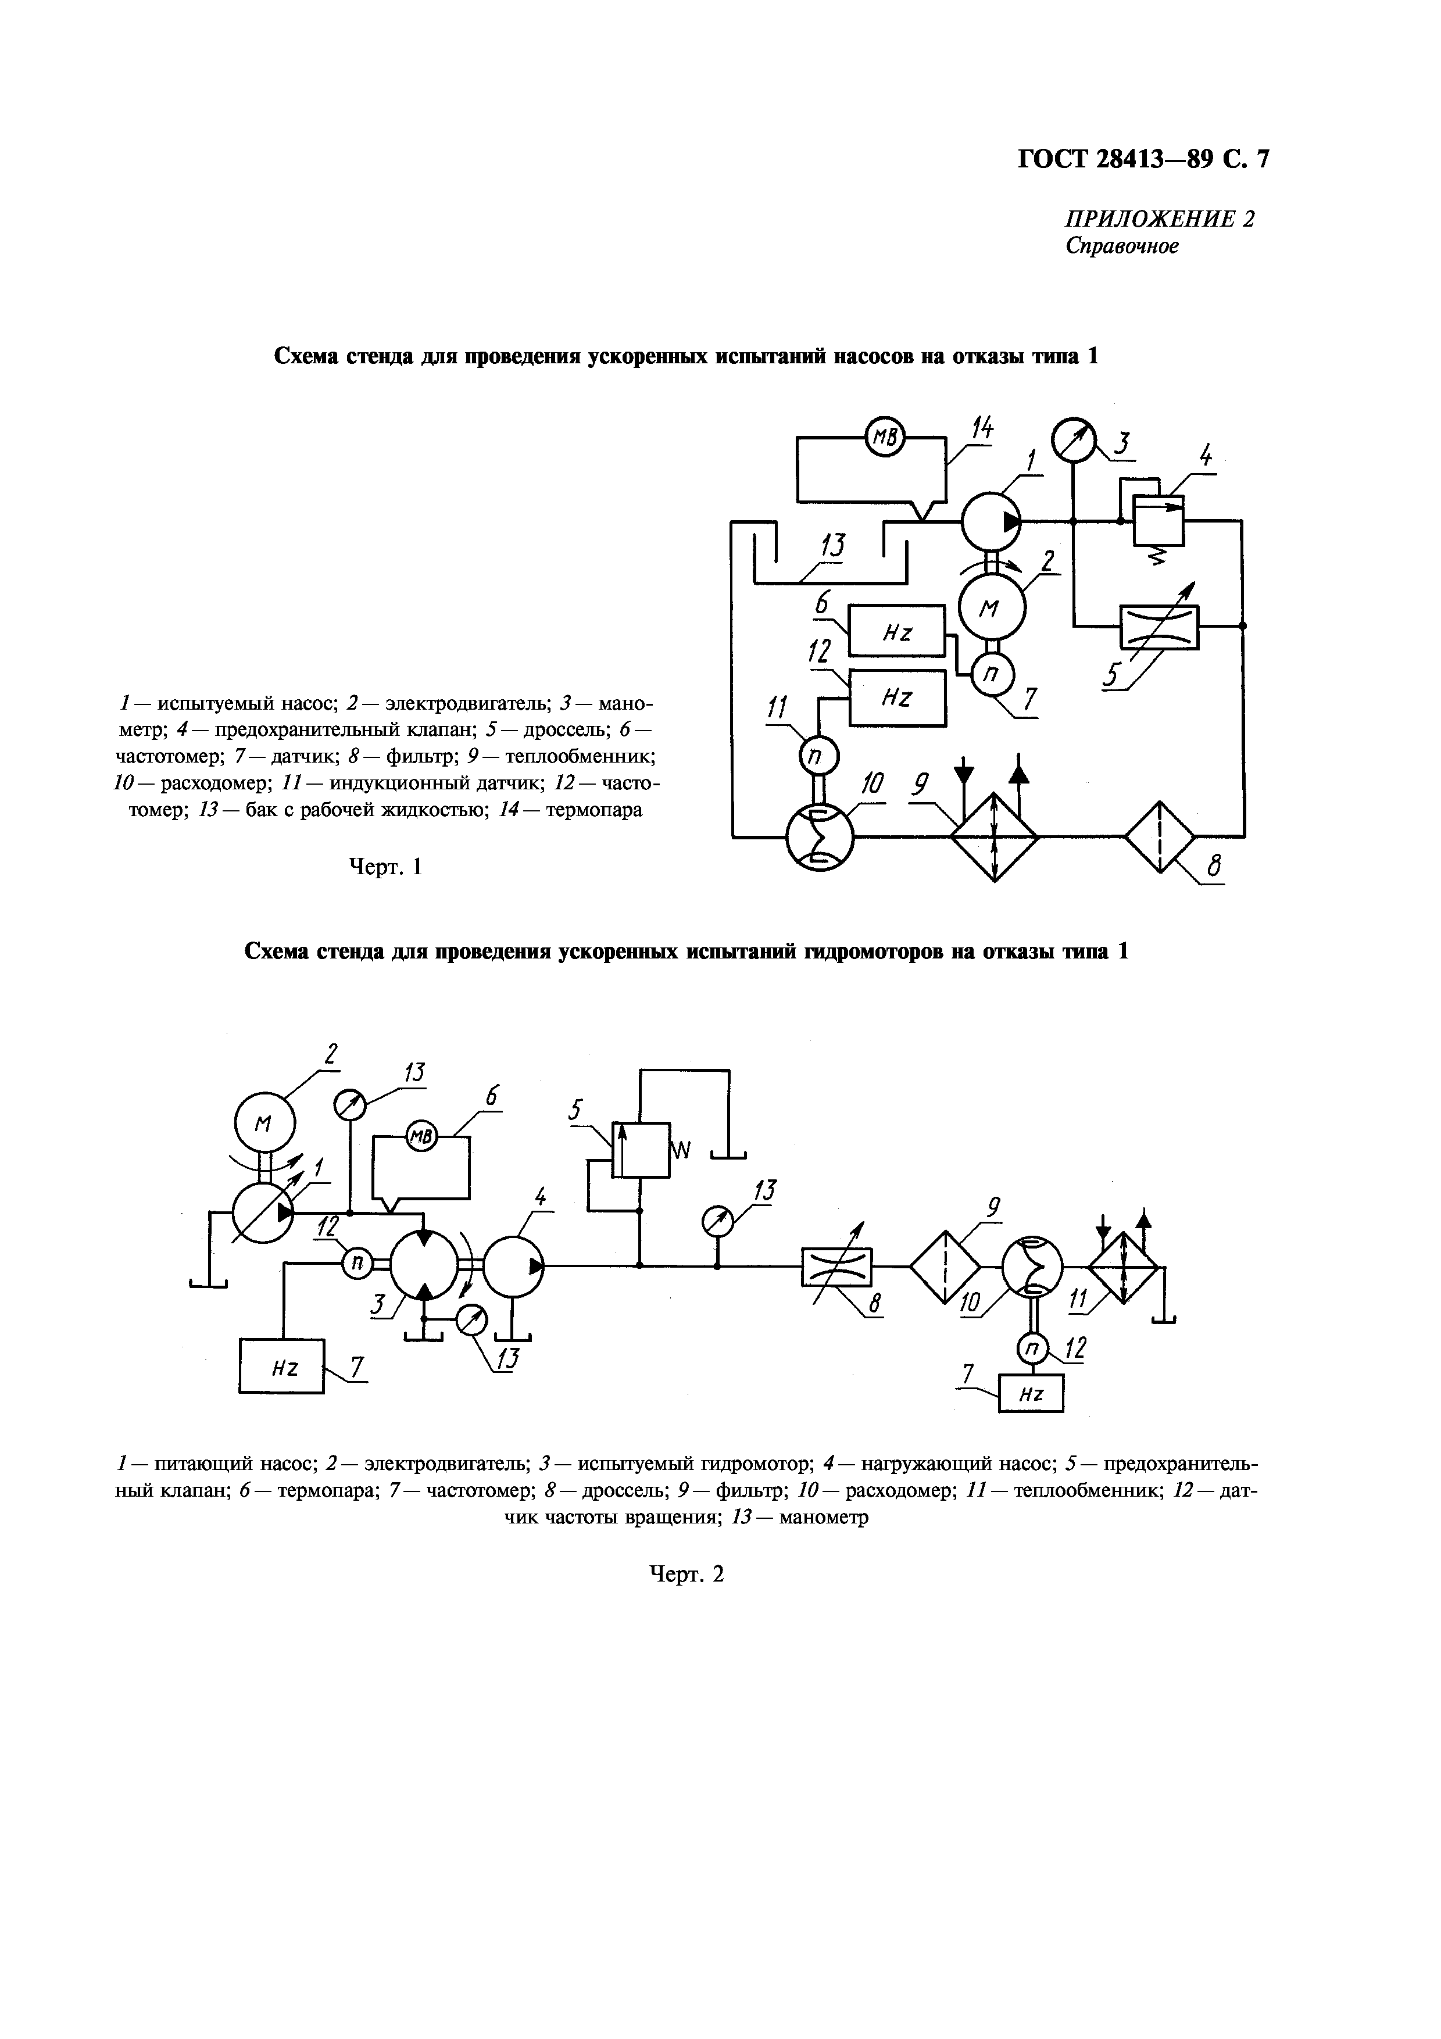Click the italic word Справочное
click(1122, 247)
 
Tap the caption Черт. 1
click(384, 866)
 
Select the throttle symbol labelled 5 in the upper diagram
click(1158, 627)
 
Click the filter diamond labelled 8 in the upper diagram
click(1160, 836)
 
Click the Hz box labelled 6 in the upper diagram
click(897, 631)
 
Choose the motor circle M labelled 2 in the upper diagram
click(992, 607)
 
